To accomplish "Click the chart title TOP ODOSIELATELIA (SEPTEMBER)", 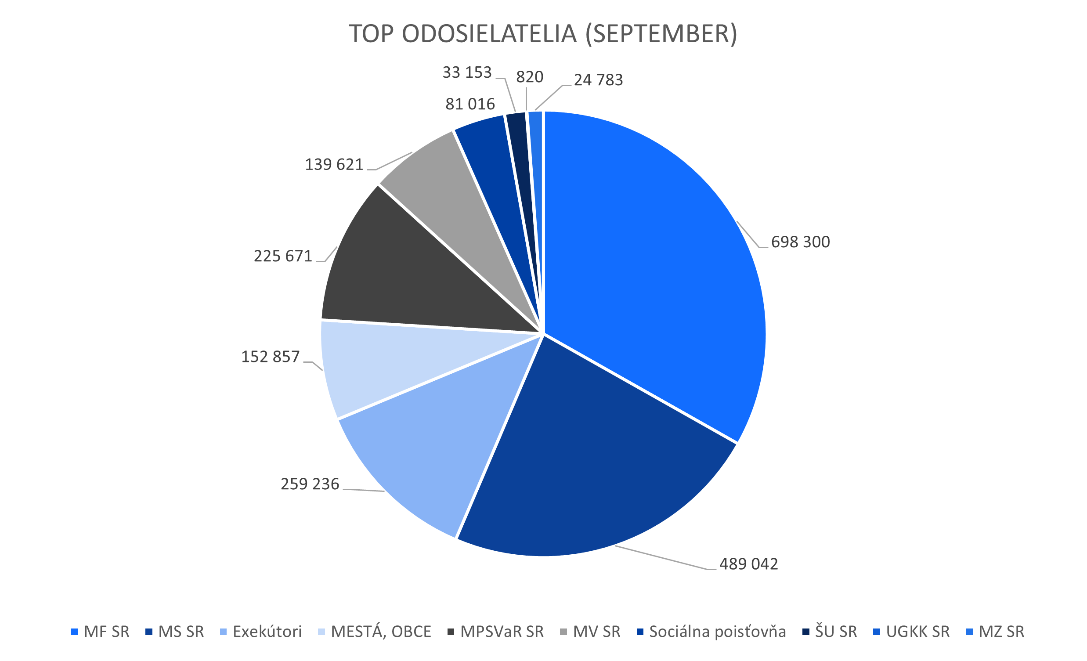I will (543, 34).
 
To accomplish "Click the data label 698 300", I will (800, 242).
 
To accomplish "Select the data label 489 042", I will (749, 564).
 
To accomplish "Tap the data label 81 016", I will (470, 104).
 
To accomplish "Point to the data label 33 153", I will (467, 72).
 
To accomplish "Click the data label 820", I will (529, 77).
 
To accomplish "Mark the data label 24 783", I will (598, 80).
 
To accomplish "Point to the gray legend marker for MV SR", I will (563, 632).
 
